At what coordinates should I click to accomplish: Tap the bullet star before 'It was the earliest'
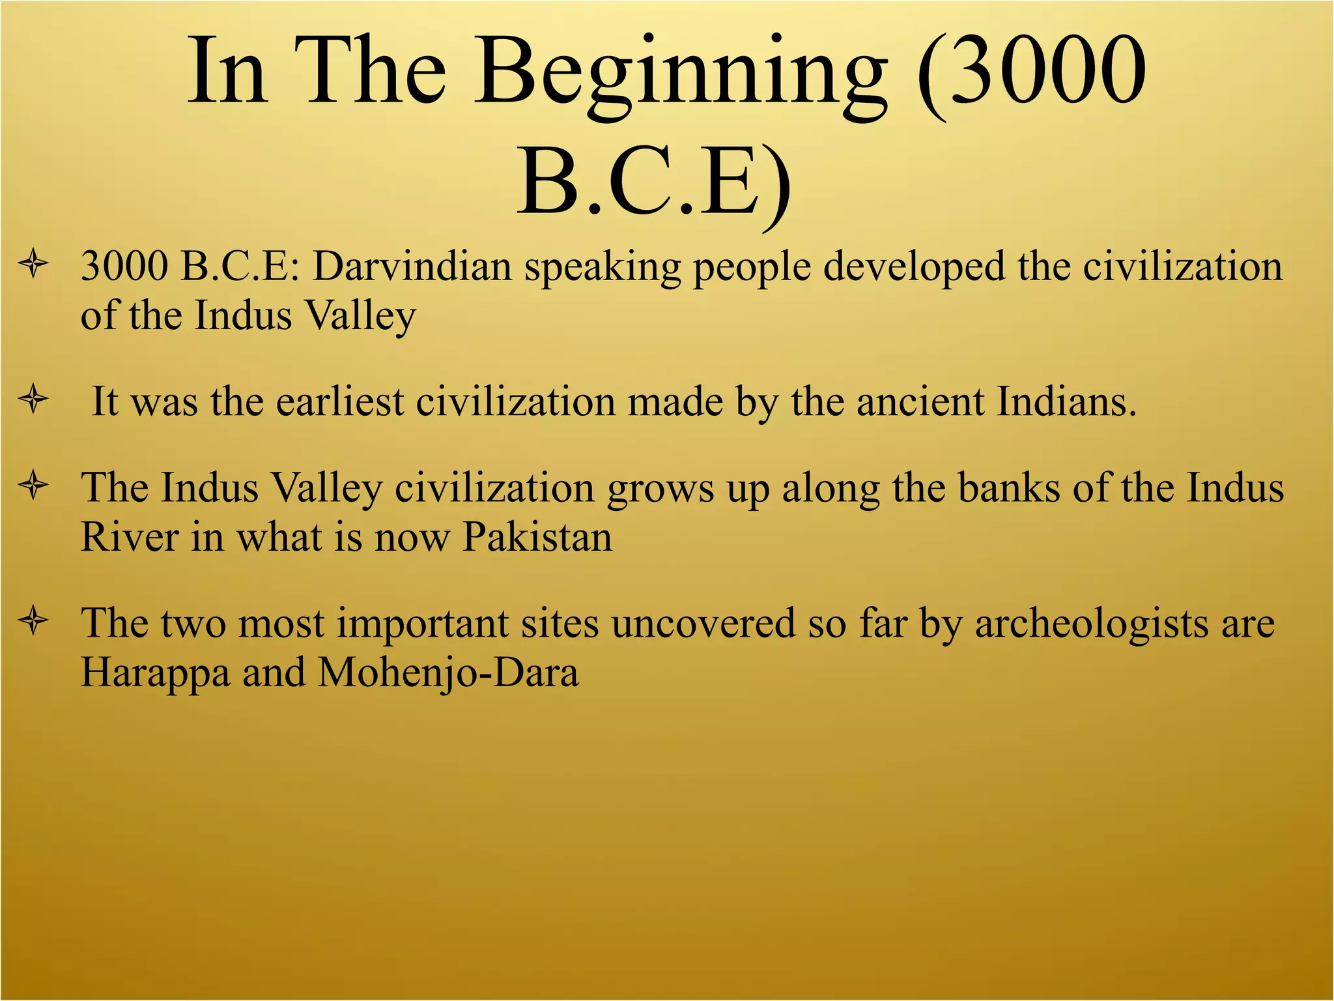tap(33, 399)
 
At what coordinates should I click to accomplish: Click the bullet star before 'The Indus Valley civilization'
tap(33, 486)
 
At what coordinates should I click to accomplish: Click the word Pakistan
tap(537, 538)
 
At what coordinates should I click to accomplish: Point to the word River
tap(129, 538)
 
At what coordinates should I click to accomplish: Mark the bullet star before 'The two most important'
tap(33, 621)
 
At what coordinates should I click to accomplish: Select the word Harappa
tap(155, 673)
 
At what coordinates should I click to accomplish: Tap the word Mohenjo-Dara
tap(448, 673)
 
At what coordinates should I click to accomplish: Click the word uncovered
tap(703, 624)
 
